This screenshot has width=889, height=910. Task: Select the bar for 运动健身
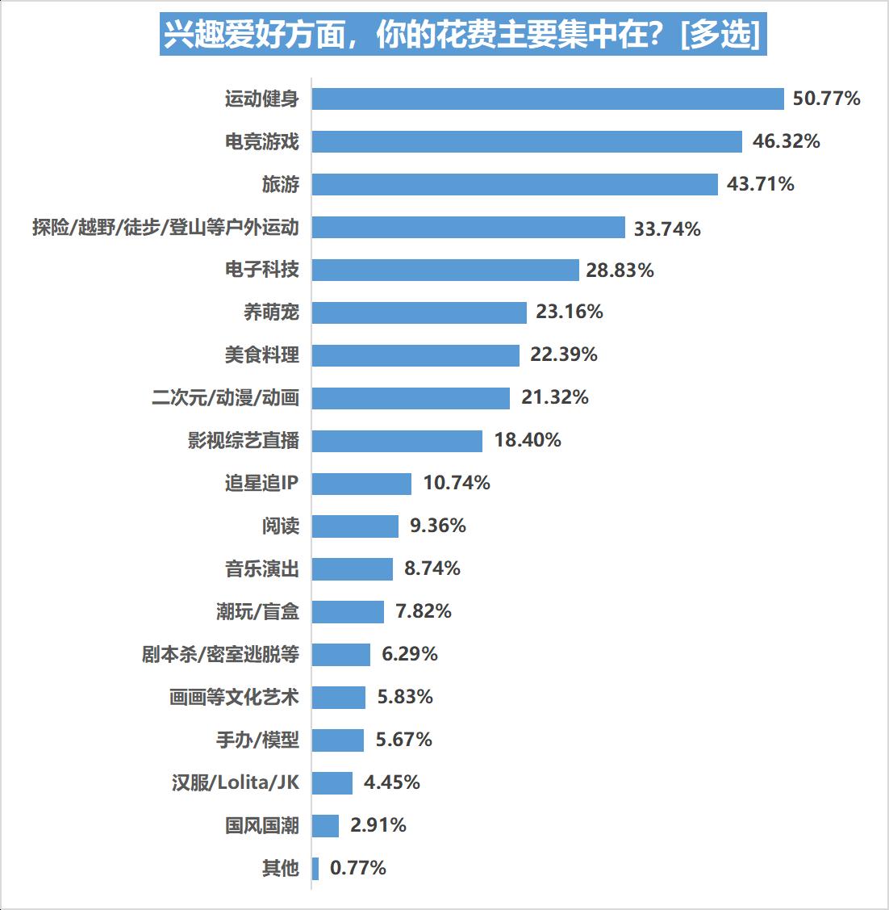548,99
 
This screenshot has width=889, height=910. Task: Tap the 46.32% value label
786,141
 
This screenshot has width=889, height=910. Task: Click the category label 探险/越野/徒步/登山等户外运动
165,228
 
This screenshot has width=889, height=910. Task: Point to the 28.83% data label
620,270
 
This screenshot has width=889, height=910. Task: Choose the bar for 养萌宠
419,312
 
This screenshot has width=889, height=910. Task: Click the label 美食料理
261,355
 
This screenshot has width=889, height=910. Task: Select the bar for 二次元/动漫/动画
411,398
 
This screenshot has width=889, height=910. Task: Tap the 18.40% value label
528,440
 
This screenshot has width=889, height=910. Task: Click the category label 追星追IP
261,483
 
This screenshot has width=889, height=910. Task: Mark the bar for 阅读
355,526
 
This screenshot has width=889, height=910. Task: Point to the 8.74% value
432,568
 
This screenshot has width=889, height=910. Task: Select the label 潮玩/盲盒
257,612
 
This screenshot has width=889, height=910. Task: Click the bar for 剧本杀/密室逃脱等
340,654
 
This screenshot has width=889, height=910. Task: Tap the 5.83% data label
405,697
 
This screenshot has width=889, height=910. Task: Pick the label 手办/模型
257,740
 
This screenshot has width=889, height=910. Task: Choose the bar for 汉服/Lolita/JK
332,782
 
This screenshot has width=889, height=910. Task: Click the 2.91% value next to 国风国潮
378,825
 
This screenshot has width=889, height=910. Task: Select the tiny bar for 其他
315,868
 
